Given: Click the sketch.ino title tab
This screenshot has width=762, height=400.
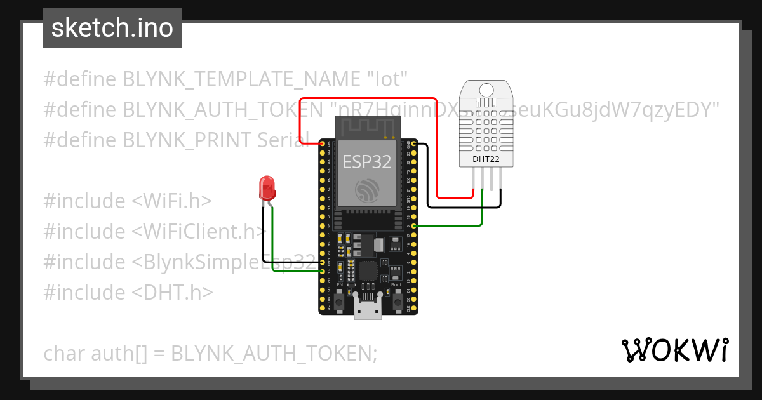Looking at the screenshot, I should click(112, 28).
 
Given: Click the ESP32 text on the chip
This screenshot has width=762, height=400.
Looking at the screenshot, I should click(368, 161).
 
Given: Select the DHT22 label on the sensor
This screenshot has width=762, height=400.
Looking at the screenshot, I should click(485, 159).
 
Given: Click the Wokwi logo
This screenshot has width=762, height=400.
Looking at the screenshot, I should click(674, 350).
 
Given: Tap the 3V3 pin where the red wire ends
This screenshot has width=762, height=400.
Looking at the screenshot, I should click(323, 144).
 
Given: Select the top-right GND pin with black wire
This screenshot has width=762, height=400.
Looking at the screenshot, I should click(414, 144).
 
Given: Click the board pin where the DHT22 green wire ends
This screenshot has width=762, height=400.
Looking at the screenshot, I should click(414, 225).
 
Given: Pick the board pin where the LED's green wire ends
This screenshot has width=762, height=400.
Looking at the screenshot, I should click(323, 272).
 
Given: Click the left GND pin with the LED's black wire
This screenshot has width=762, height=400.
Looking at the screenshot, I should click(323, 262).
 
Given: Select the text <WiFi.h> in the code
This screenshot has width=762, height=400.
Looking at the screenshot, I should click(171, 201).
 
